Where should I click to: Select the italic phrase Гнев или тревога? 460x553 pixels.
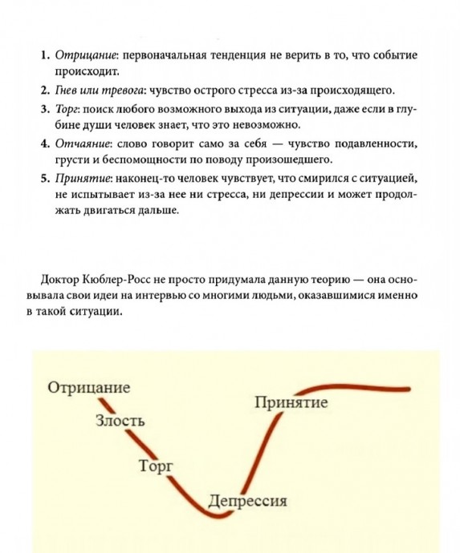tap(100, 91)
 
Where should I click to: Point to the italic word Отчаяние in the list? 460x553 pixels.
tap(83, 144)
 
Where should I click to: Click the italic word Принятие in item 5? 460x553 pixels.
tap(83, 179)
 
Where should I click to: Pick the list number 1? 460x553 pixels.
tap(44, 55)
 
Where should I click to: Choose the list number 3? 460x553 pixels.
tap(44, 109)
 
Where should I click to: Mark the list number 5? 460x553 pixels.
tap(44, 179)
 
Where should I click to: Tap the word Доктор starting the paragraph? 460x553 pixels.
tap(60, 280)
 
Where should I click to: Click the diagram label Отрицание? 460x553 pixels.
tap(89, 388)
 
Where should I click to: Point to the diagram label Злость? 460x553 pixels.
tap(120, 421)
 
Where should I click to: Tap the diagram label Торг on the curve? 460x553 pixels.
tap(157, 466)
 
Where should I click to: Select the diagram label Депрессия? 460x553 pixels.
tap(247, 501)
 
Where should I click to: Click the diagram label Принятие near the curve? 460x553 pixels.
tap(291, 402)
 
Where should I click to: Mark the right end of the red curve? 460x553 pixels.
tap(409, 389)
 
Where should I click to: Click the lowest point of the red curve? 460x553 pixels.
tap(218, 516)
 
